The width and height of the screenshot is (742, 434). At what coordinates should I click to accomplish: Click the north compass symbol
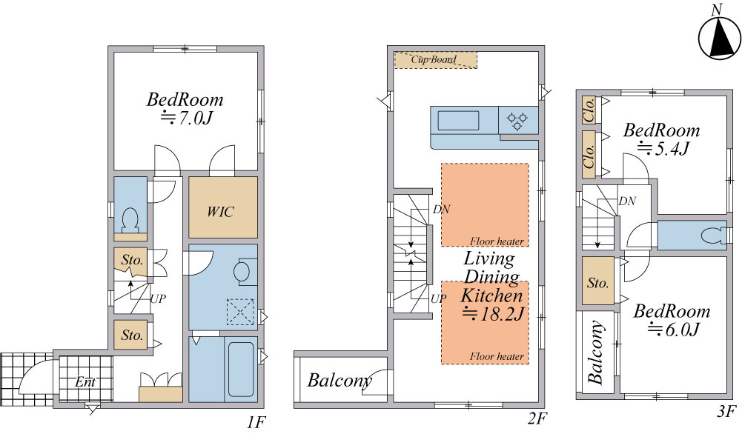pos(719,39)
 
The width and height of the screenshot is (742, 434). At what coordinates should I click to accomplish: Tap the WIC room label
pos(220,211)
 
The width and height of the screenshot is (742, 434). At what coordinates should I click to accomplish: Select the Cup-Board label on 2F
pos(434,59)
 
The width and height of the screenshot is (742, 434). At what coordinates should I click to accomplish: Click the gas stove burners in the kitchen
pos(517,120)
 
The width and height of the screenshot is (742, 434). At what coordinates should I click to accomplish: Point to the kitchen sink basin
pos(458,120)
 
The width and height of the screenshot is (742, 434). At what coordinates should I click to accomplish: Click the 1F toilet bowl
pos(130,219)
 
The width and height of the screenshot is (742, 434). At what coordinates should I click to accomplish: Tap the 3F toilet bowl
pos(713,235)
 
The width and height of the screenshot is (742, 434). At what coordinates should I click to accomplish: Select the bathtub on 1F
pos(241,370)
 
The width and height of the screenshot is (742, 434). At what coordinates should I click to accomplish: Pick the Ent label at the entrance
pos(85,381)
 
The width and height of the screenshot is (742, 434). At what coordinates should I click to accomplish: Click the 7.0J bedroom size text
pos(187,117)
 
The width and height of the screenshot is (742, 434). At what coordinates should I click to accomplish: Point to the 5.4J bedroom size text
pos(663,148)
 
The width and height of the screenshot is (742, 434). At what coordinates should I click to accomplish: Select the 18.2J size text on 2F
pos(493,314)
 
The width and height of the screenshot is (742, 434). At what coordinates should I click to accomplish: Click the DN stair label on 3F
pos(627,201)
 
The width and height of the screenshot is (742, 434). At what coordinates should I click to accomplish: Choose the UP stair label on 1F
pos(158,298)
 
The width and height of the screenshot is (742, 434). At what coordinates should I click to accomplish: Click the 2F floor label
pos(537,418)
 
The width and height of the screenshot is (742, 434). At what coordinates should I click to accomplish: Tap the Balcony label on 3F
pos(596,352)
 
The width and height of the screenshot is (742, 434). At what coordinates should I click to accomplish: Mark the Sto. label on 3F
pos(597,283)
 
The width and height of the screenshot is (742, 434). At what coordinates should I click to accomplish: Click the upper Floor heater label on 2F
pos(497,241)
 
